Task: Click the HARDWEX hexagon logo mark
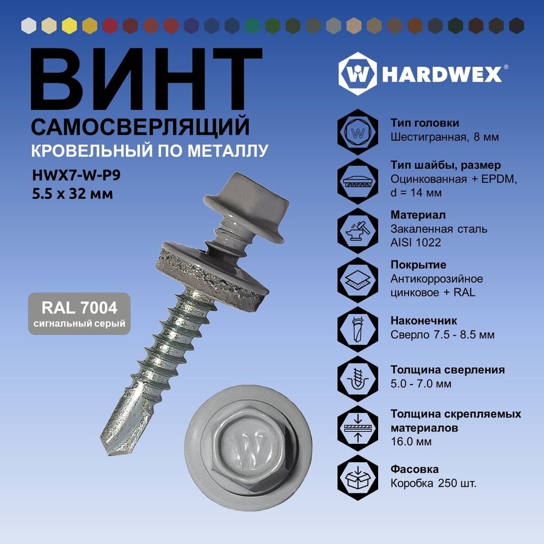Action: tap(357, 74)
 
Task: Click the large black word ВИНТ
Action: tap(146, 79)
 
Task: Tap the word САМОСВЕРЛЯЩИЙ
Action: tap(140, 127)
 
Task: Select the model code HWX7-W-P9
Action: tap(76, 175)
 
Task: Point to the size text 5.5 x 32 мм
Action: tap(72, 194)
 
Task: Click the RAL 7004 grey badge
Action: tap(79, 314)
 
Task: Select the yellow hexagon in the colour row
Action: tap(70, 26)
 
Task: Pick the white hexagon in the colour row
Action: tap(29, 26)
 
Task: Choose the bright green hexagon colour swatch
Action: tap(252, 26)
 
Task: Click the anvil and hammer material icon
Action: tap(358, 230)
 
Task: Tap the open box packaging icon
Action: tap(358, 478)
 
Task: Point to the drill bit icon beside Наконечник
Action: tap(358, 329)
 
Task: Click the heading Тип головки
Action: tap(425, 123)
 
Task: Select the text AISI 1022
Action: tap(416, 242)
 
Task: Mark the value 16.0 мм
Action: tap(411, 442)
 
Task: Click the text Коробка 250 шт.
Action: tap(434, 483)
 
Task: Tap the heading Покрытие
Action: tap(418, 265)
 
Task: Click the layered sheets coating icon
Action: tap(358, 280)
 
